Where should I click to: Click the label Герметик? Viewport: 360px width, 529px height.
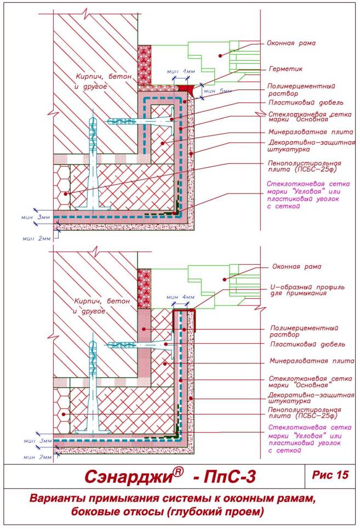[286, 70]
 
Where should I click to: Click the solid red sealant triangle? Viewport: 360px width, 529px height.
[188, 88]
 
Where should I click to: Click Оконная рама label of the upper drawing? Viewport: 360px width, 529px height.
[292, 42]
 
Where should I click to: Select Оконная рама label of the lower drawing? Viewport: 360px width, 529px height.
[296, 267]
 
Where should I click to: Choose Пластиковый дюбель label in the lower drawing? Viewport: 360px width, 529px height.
[308, 345]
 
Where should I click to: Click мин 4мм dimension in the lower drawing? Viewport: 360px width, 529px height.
[182, 297]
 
